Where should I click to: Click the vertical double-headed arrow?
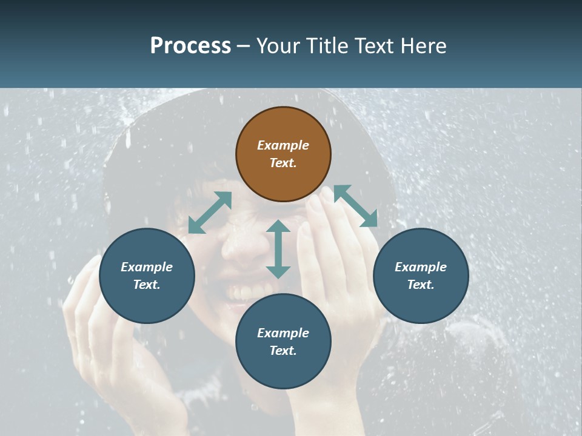click(278, 249)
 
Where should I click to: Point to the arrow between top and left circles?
click(210, 213)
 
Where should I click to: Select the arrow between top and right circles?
click(355, 206)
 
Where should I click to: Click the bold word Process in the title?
click(190, 45)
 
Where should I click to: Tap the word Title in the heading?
click(328, 45)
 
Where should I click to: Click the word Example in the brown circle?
click(283, 145)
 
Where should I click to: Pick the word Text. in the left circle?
click(147, 285)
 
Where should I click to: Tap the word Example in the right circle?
click(421, 267)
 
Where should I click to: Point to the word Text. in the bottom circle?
click(283, 351)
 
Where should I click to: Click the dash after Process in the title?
click(244, 45)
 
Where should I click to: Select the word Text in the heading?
click(375, 45)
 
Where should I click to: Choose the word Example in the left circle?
click(147, 267)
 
